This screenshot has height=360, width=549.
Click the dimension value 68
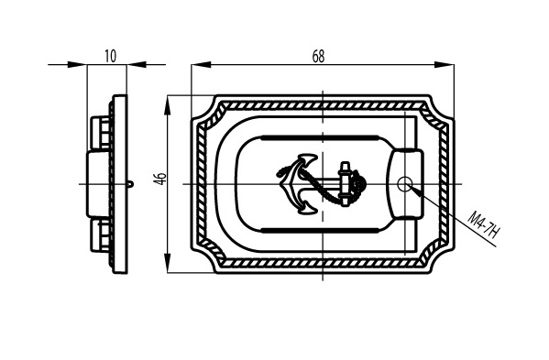click(318, 56)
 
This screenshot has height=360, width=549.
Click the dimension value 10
click(110, 56)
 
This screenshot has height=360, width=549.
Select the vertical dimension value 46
click(161, 179)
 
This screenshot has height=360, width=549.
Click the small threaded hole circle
click(404, 184)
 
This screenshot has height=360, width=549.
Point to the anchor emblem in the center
click(322, 184)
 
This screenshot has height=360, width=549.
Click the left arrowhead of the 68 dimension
click(202, 64)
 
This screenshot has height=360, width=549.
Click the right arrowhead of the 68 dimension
click(445, 64)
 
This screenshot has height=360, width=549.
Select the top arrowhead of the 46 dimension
click(168, 105)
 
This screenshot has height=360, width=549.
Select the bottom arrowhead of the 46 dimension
click(168, 263)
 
